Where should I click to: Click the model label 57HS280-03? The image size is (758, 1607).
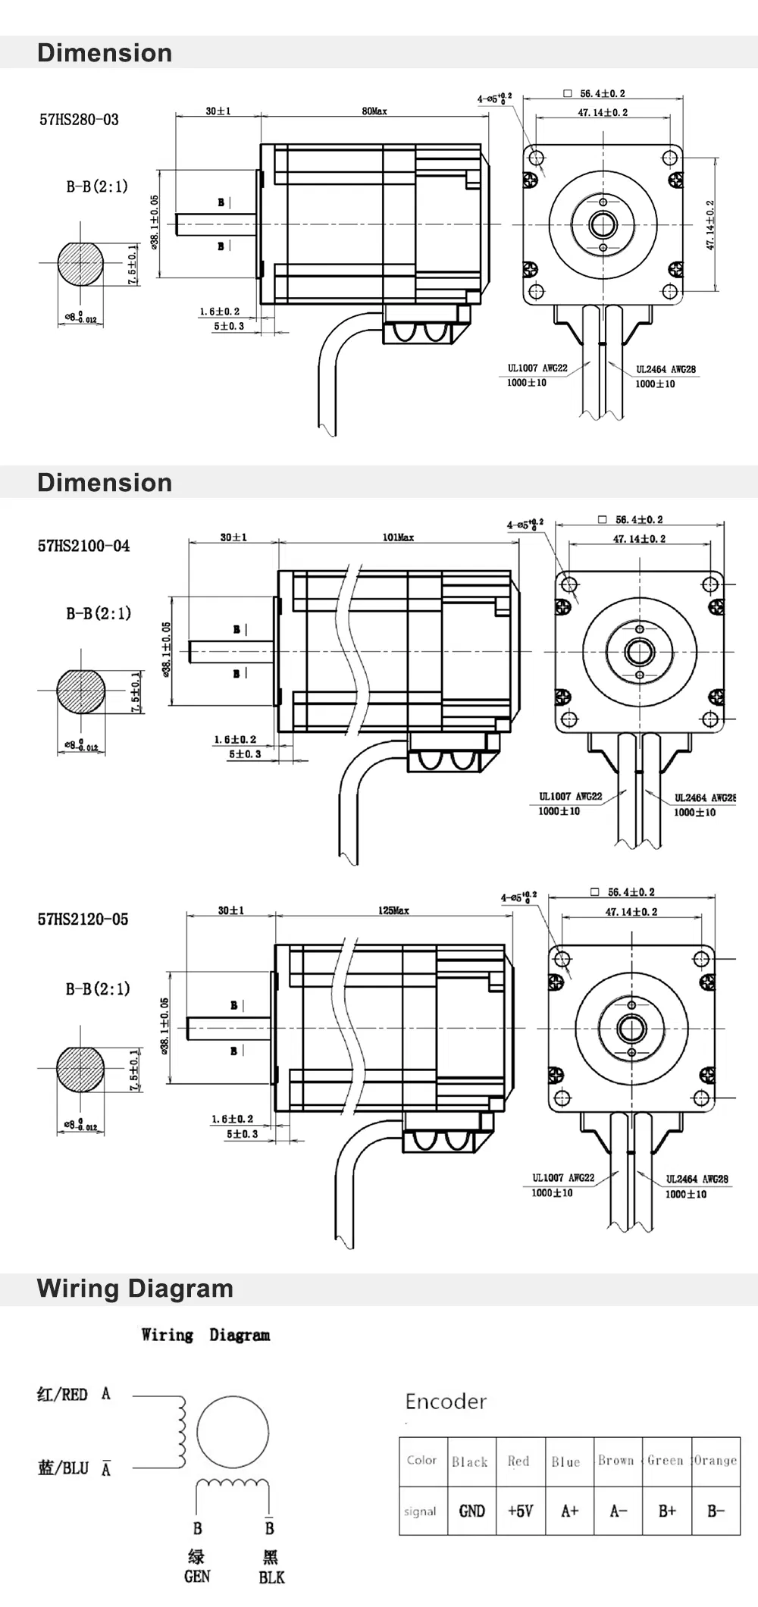click(x=79, y=120)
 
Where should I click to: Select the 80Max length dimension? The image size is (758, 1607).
click(x=374, y=111)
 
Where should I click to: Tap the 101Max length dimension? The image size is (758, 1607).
click(x=398, y=537)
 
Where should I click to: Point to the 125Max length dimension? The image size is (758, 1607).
click(x=393, y=910)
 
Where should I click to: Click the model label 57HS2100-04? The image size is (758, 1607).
click(x=83, y=546)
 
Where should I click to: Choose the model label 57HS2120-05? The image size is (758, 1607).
click(x=83, y=919)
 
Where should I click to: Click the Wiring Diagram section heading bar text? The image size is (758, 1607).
click(x=135, y=1288)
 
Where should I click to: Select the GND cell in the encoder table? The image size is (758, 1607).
click(x=471, y=1511)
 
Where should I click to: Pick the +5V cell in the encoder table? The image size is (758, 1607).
click(x=520, y=1511)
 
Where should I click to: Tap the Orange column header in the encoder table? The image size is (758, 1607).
click(x=715, y=1460)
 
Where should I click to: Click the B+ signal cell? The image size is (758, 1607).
click(x=667, y=1511)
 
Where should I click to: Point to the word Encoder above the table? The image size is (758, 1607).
click(x=446, y=1402)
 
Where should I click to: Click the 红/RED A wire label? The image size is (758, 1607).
click(x=74, y=1394)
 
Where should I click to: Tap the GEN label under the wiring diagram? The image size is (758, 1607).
click(x=197, y=1576)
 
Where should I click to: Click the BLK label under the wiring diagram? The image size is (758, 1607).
click(x=271, y=1577)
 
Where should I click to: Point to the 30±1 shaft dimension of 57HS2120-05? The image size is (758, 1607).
click(x=230, y=910)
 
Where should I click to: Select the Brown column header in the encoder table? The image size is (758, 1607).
click(x=615, y=1460)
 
